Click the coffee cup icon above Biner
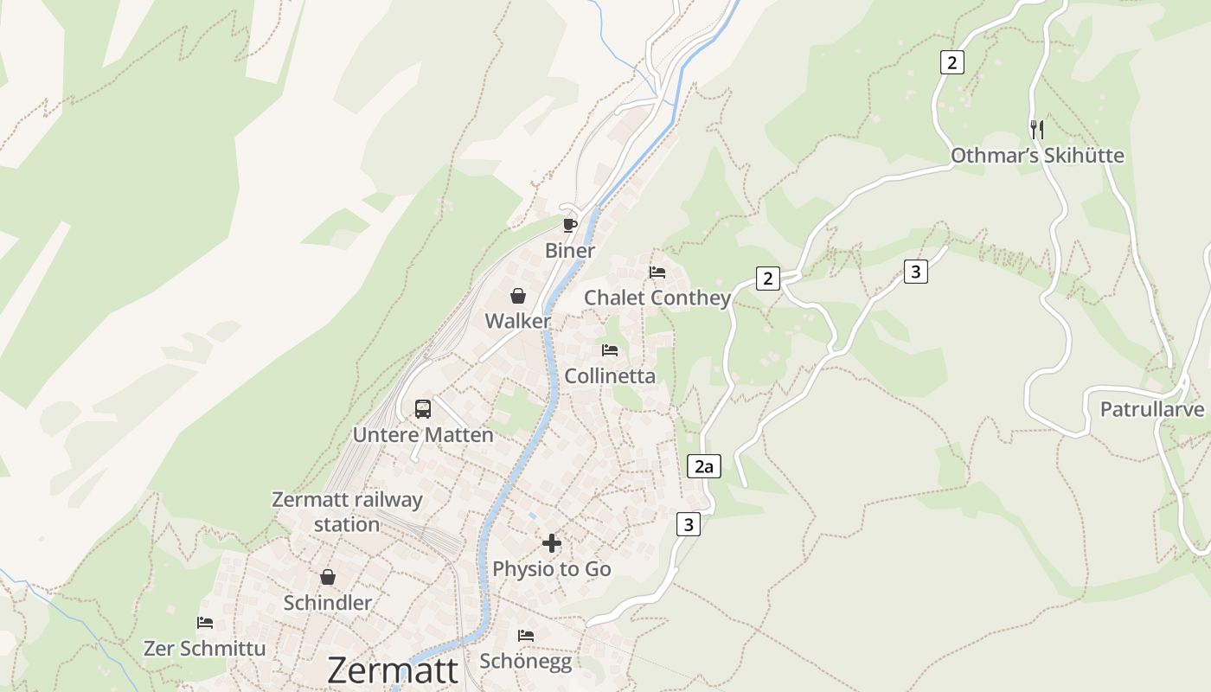pyautogui.click(x=569, y=226)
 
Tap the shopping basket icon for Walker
pyautogui.click(x=517, y=296)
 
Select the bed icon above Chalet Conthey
pyautogui.click(x=657, y=272)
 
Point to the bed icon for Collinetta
pyautogui.click(x=610, y=350)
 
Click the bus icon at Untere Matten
pyautogui.click(x=422, y=408)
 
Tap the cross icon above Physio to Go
pyautogui.click(x=552, y=543)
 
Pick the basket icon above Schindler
pyautogui.click(x=327, y=577)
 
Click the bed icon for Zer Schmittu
pyautogui.click(x=205, y=623)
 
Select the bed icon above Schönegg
pyautogui.click(x=525, y=636)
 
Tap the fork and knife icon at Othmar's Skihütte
pyautogui.click(x=1037, y=130)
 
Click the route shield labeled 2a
pyautogui.click(x=703, y=467)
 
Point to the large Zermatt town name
pyautogui.click(x=393, y=671)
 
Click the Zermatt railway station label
pyautogui.click(x=347, y=512)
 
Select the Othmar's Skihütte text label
pyautogui.click(x=1037, y=156)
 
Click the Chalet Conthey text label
pyautogui.click(x=657, y=298)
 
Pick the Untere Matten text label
pyautogui.click(x=423, y=435)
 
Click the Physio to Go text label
pyautogui.click(x=552, y=569)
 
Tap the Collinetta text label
pyautogui.click(x=610, y=376)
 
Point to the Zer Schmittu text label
pyautogui.click(x=205, y=648)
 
